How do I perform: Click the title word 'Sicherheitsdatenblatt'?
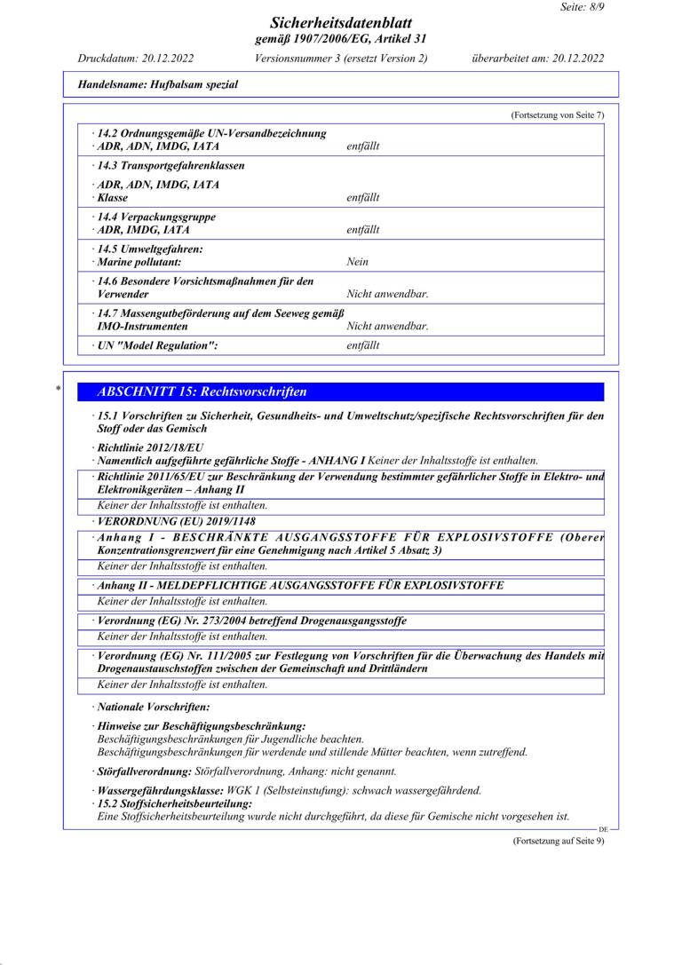341,23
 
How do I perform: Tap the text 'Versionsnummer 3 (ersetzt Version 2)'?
341,59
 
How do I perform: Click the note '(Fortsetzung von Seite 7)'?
558,115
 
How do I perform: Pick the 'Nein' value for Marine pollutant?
357,262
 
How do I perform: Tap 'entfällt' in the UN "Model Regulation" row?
362,345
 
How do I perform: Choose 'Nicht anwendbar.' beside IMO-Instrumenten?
387,326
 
